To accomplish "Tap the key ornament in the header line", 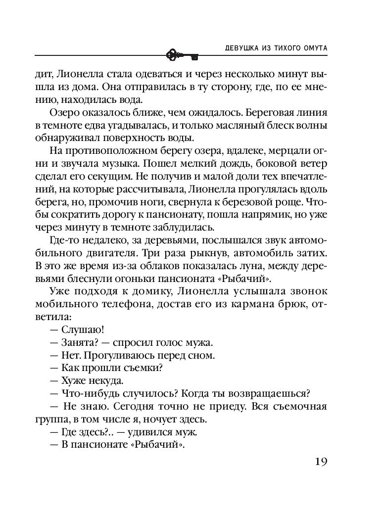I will (x=182, y=54).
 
